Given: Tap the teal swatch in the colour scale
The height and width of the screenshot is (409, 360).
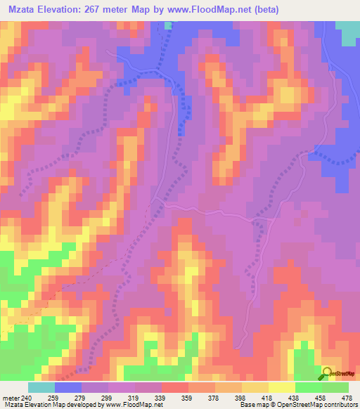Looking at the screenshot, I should coord(41,387).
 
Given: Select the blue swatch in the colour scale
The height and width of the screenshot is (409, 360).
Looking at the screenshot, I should coord(68,387).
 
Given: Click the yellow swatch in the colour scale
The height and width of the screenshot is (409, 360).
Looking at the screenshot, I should coord(282,387).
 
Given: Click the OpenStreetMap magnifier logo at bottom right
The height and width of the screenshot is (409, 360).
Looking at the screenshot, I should coord(328,373).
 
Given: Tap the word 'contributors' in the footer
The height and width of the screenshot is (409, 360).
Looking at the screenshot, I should coord(339,404).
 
